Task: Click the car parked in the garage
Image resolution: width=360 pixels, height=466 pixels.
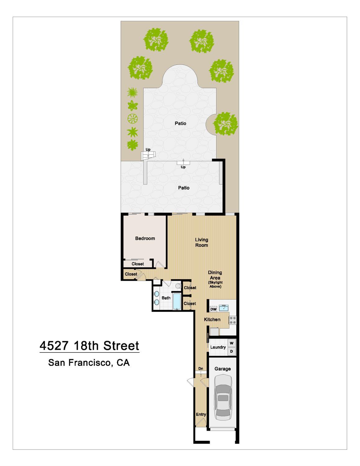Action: coord(223,397)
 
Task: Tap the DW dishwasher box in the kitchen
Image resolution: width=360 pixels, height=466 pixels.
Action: coord(213,309)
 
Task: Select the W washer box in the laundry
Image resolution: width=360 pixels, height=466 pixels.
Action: coord(231,343)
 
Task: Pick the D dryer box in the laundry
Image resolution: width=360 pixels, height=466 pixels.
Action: coord(231,352)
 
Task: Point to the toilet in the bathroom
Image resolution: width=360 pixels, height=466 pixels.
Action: coord(178,286)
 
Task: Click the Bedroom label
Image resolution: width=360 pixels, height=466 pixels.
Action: coord(145,238)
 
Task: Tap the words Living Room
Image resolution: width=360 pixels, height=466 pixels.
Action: coord(202,242)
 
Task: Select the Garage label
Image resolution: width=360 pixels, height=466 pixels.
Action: coord(223,369)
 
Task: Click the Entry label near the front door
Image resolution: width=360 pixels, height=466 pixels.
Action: coord(201,414)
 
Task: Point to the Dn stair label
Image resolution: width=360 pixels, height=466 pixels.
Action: coord(201,368)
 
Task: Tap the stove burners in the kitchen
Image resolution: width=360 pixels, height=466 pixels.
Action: coord(233,320)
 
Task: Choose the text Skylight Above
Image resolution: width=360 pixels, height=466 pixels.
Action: coord(215,284)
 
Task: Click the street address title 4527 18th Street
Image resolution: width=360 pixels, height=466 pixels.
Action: coord(89,346)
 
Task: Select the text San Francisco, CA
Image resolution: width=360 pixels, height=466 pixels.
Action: coord(89,363)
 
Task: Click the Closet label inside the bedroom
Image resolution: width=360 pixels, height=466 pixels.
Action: coord(138,264)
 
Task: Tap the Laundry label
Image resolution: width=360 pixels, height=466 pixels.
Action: coord(218,347)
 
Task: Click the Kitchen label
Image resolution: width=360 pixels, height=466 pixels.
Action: coord(212,319)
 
